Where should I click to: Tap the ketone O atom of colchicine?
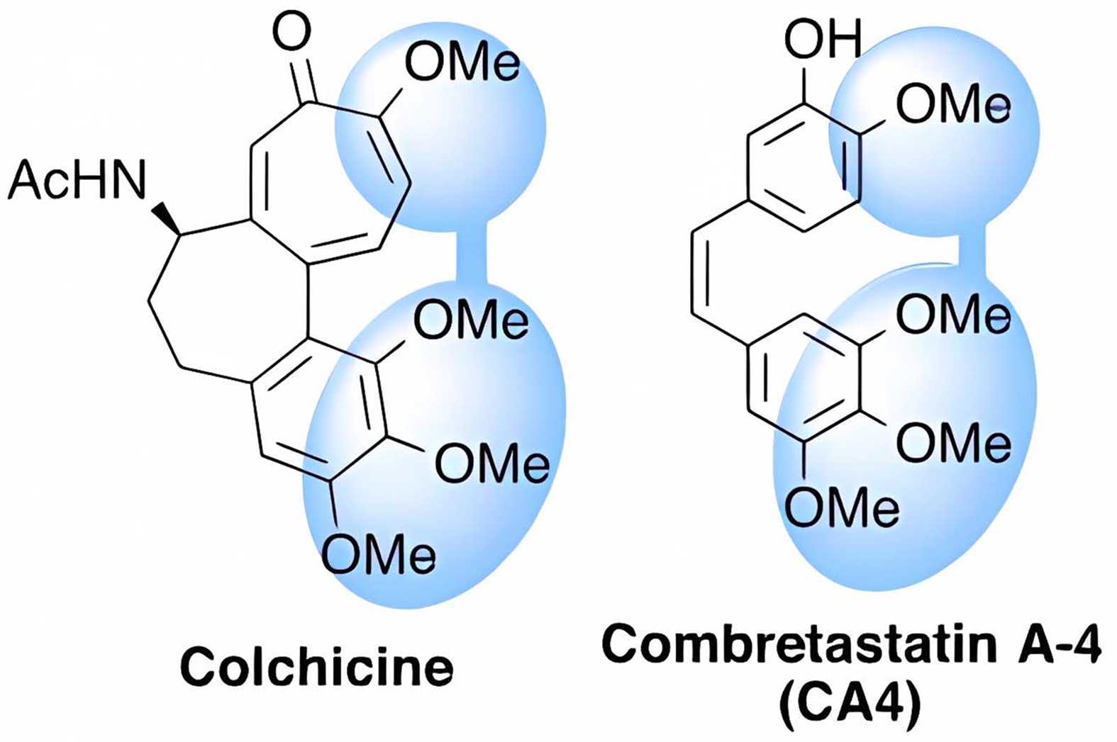click(x=292, y=32)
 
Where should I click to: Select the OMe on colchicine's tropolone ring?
click(x=462, y=64)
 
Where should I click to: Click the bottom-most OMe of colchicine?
click(x=379, y=553)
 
